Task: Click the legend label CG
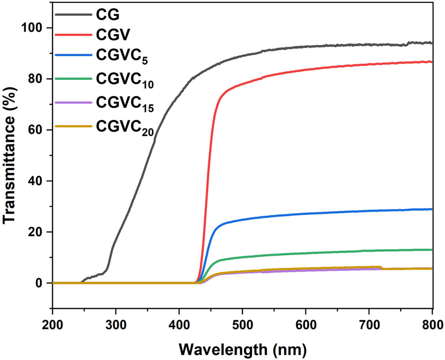[x=108, y=15]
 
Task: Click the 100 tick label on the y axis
[x=33, y=28]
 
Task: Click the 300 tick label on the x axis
[x=115, y=326]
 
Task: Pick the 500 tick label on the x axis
[x=242, y=326]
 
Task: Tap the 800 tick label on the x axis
[x=431, y=326]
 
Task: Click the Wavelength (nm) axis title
[x=242, y=350]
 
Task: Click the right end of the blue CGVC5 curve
[x=432, y=209]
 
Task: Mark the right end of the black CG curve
[x=432, y=43]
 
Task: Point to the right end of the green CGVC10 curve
[x=432, y=250]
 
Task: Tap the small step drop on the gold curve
[x=382, y=268]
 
